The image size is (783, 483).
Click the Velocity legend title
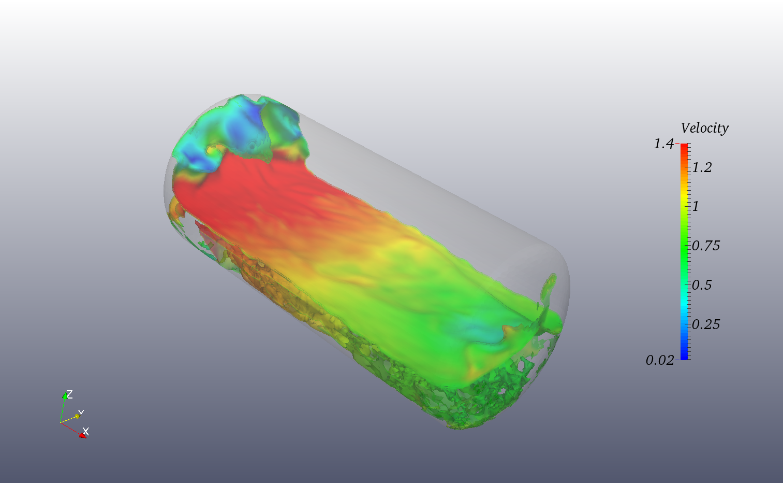tap(704, 128)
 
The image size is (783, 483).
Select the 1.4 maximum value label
tap(663, 144)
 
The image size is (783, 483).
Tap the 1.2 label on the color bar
tap(702, 167)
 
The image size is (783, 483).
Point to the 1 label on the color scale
tap(696, 206)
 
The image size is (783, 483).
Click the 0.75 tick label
tap(706, 246)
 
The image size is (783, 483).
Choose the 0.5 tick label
tap(702, 285)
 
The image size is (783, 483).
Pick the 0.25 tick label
tap(706, 324)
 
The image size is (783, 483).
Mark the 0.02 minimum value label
tap(659, 360)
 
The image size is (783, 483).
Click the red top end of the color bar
tap(684, 147)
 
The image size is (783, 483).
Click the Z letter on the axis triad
tap(70, 394)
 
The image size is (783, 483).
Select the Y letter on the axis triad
tap(81, 413)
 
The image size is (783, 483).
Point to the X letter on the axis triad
tap(86, 431)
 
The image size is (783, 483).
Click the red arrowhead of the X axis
tap(82, 435)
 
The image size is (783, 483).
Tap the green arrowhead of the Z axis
tap(65, 396)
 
